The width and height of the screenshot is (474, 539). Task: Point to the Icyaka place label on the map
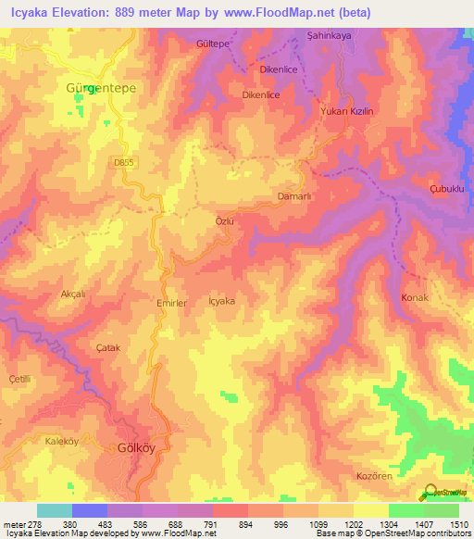pos(222,301)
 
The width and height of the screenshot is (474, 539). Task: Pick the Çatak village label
pos(108,347)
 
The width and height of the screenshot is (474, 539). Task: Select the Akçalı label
pos(72,294)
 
